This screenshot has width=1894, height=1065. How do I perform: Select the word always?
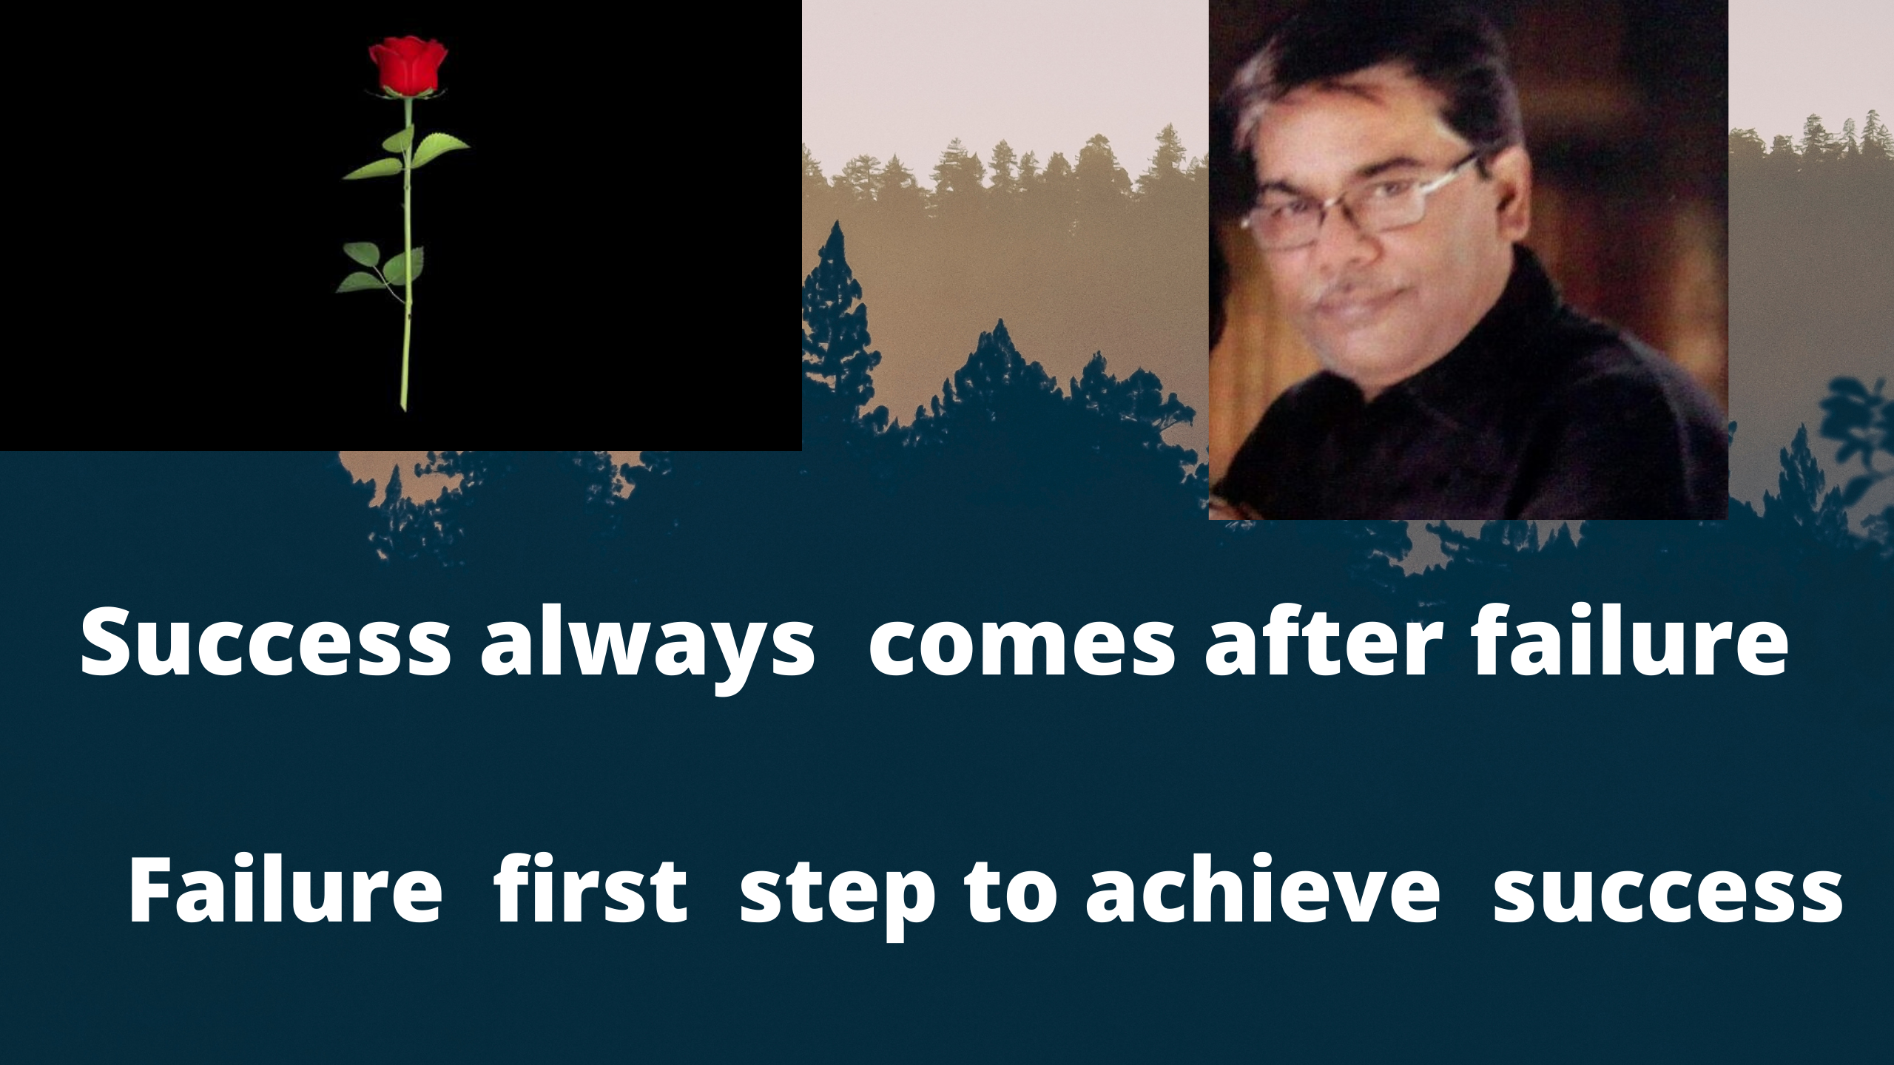tap(647, 649)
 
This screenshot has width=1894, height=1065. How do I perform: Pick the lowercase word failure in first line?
tap(1630, 641)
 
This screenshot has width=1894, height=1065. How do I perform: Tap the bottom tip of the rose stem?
tap(403, 408)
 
